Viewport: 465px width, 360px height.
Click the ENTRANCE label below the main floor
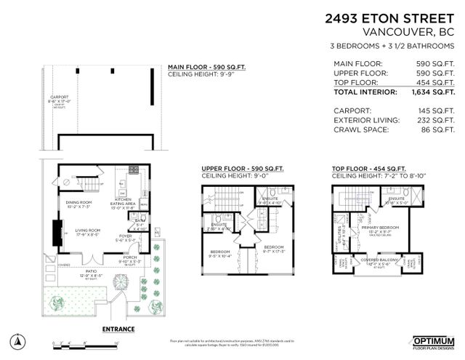pos(118,329)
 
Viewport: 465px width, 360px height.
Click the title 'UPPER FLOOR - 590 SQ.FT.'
pos(240,169)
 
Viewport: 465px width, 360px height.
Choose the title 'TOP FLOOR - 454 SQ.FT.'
pos(368,169)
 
